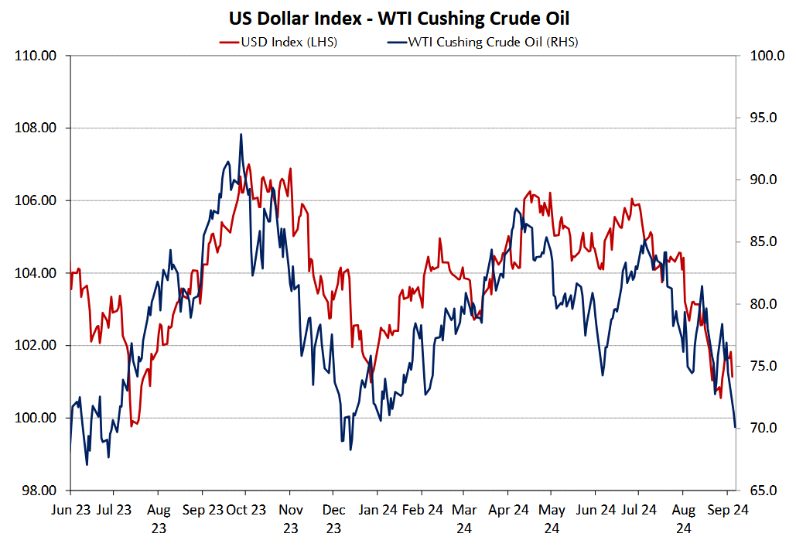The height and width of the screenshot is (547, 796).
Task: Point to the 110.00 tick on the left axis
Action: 36,56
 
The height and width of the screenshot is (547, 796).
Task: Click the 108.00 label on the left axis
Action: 36,128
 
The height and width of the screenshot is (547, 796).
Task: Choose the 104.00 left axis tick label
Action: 36,273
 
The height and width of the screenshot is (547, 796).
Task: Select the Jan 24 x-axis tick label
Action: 379,510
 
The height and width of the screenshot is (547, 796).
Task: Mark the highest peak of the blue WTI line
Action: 241,135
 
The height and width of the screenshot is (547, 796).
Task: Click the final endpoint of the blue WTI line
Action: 735,426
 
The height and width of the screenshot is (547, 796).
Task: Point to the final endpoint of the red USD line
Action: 732,377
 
